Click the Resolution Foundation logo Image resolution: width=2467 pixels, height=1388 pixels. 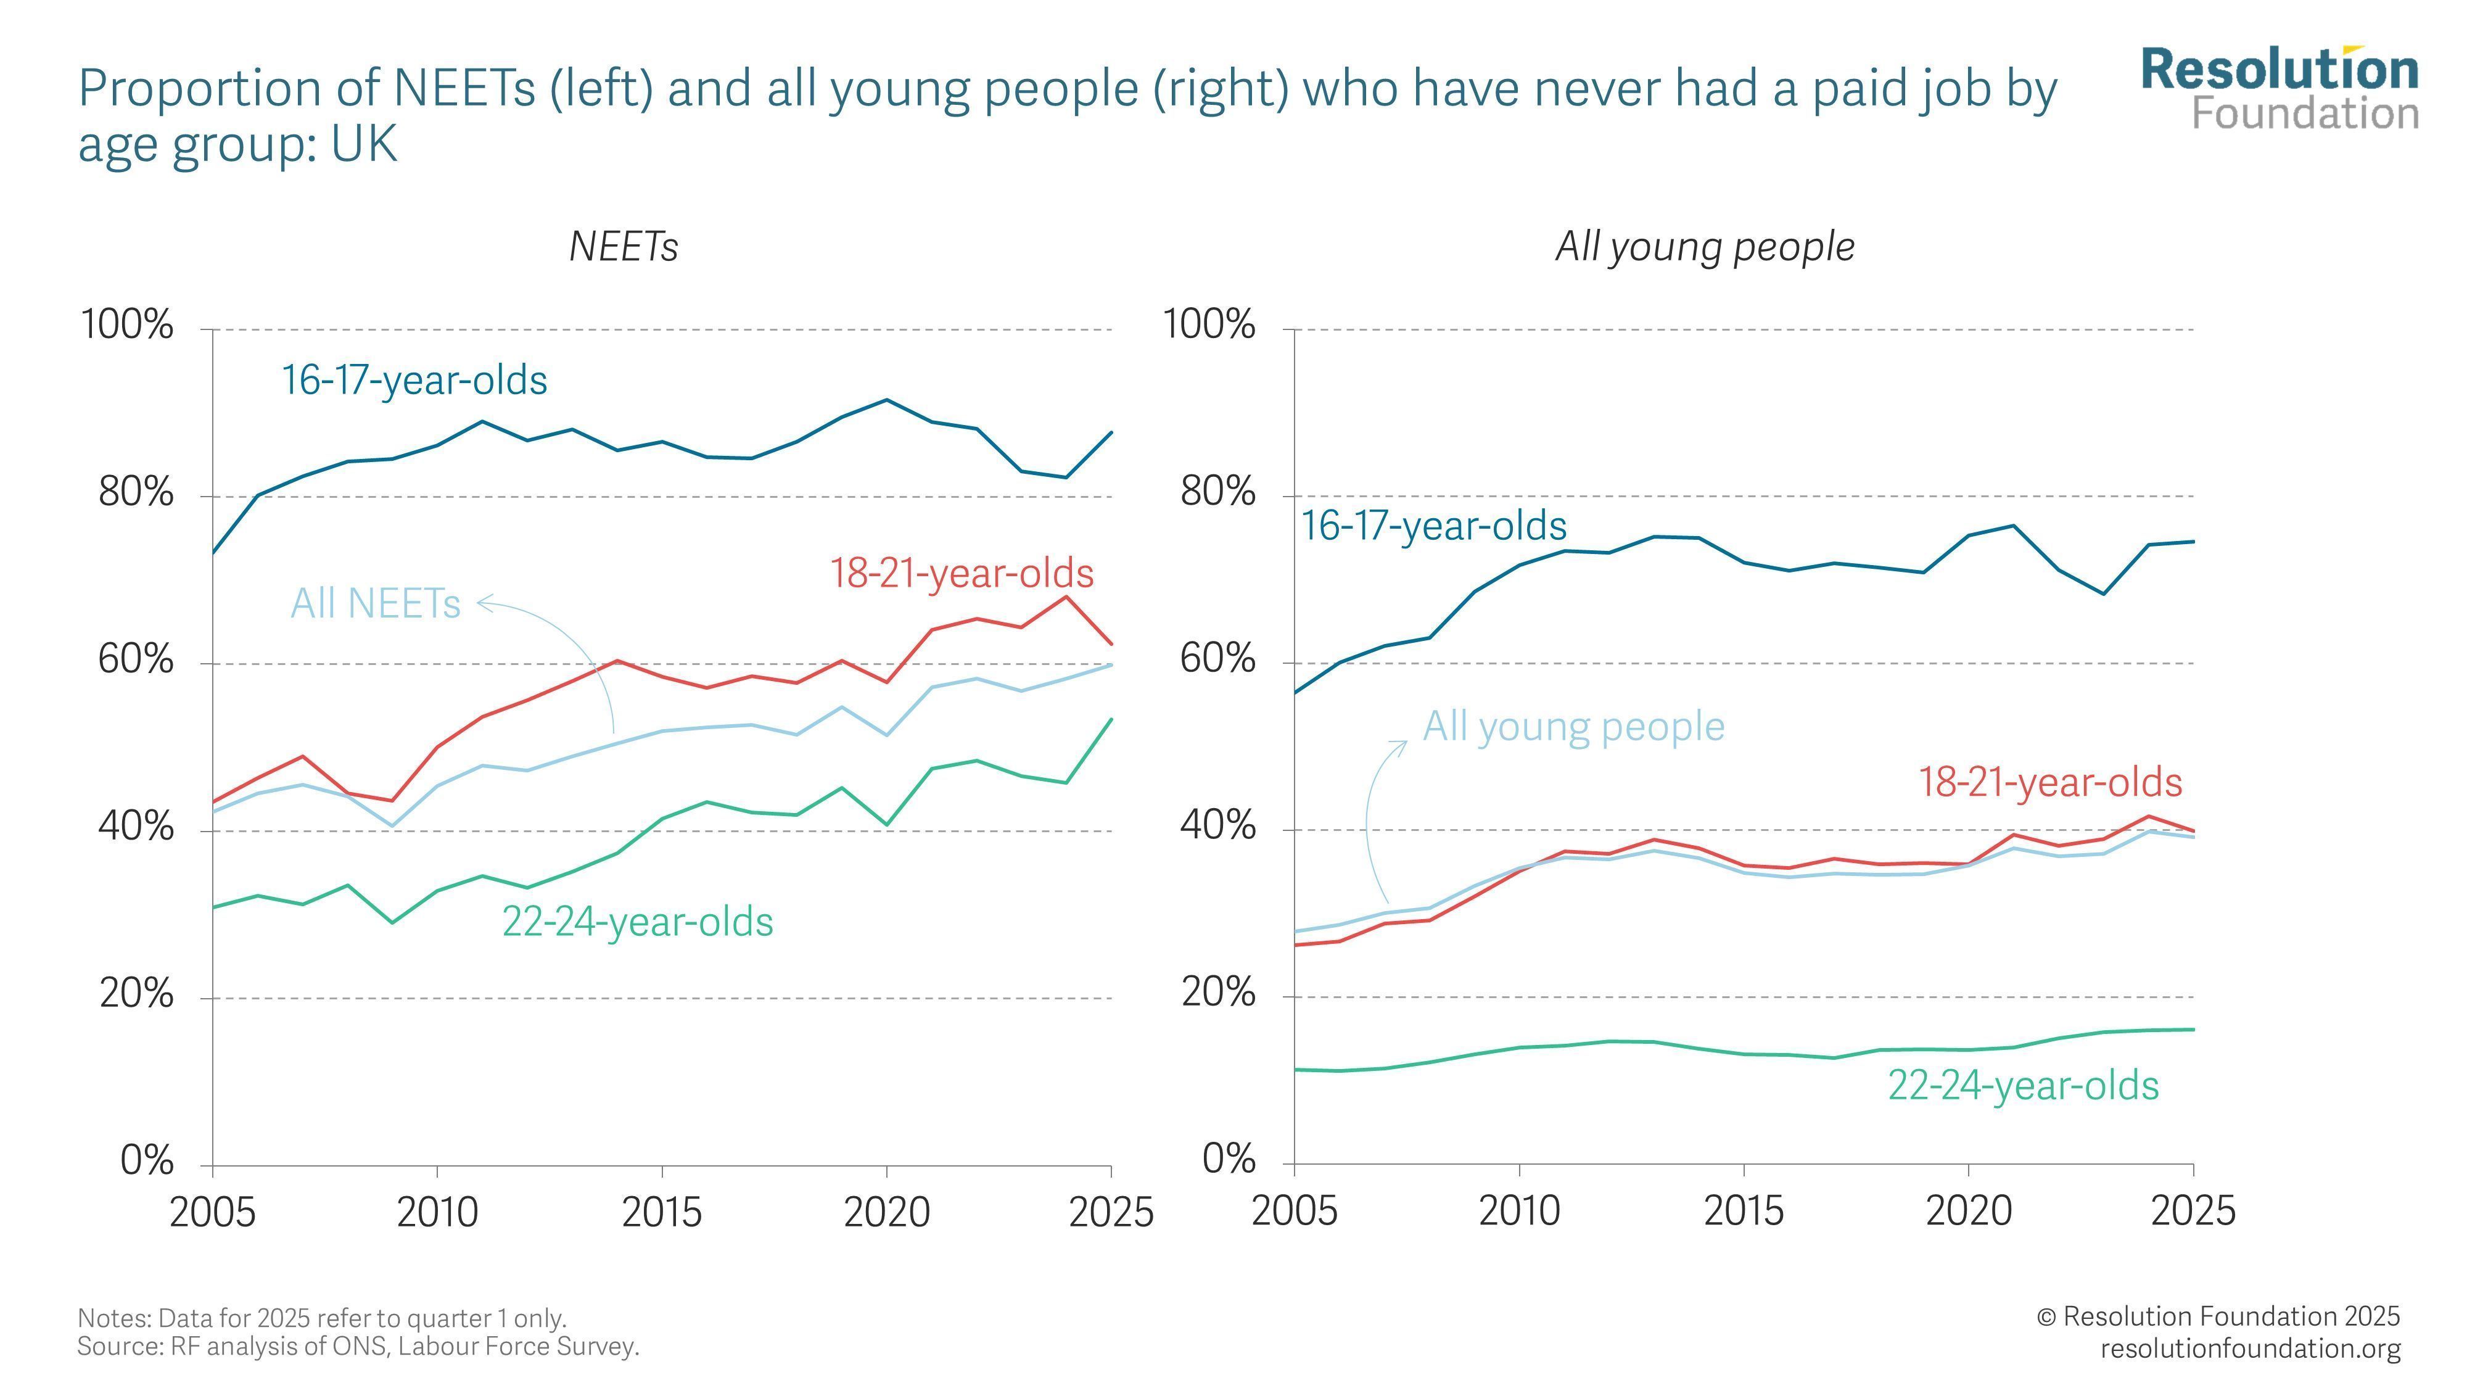(2280, 88)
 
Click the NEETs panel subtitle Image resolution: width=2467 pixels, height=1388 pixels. (624, 247)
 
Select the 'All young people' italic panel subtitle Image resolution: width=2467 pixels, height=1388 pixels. (1705, 247)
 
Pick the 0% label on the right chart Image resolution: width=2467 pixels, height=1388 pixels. (1229, 1160)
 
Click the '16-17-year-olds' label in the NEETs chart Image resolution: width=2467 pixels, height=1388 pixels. (414, 380)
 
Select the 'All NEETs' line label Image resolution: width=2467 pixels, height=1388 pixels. (376, 603)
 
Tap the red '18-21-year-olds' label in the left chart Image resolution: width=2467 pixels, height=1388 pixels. (962, 574)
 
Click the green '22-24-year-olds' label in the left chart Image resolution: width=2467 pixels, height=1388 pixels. (638, 922)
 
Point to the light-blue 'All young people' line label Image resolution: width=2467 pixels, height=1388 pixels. (1573, 727)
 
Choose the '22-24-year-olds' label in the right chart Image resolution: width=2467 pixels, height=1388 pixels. (2024, 1086)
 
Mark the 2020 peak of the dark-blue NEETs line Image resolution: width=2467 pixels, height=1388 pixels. (887, 400)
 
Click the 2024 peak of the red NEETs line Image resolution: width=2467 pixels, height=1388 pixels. (1066, 597)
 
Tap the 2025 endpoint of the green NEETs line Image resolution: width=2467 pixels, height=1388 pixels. (1111, 719)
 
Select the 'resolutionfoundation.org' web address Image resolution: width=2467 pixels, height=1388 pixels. (2251, 1349)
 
